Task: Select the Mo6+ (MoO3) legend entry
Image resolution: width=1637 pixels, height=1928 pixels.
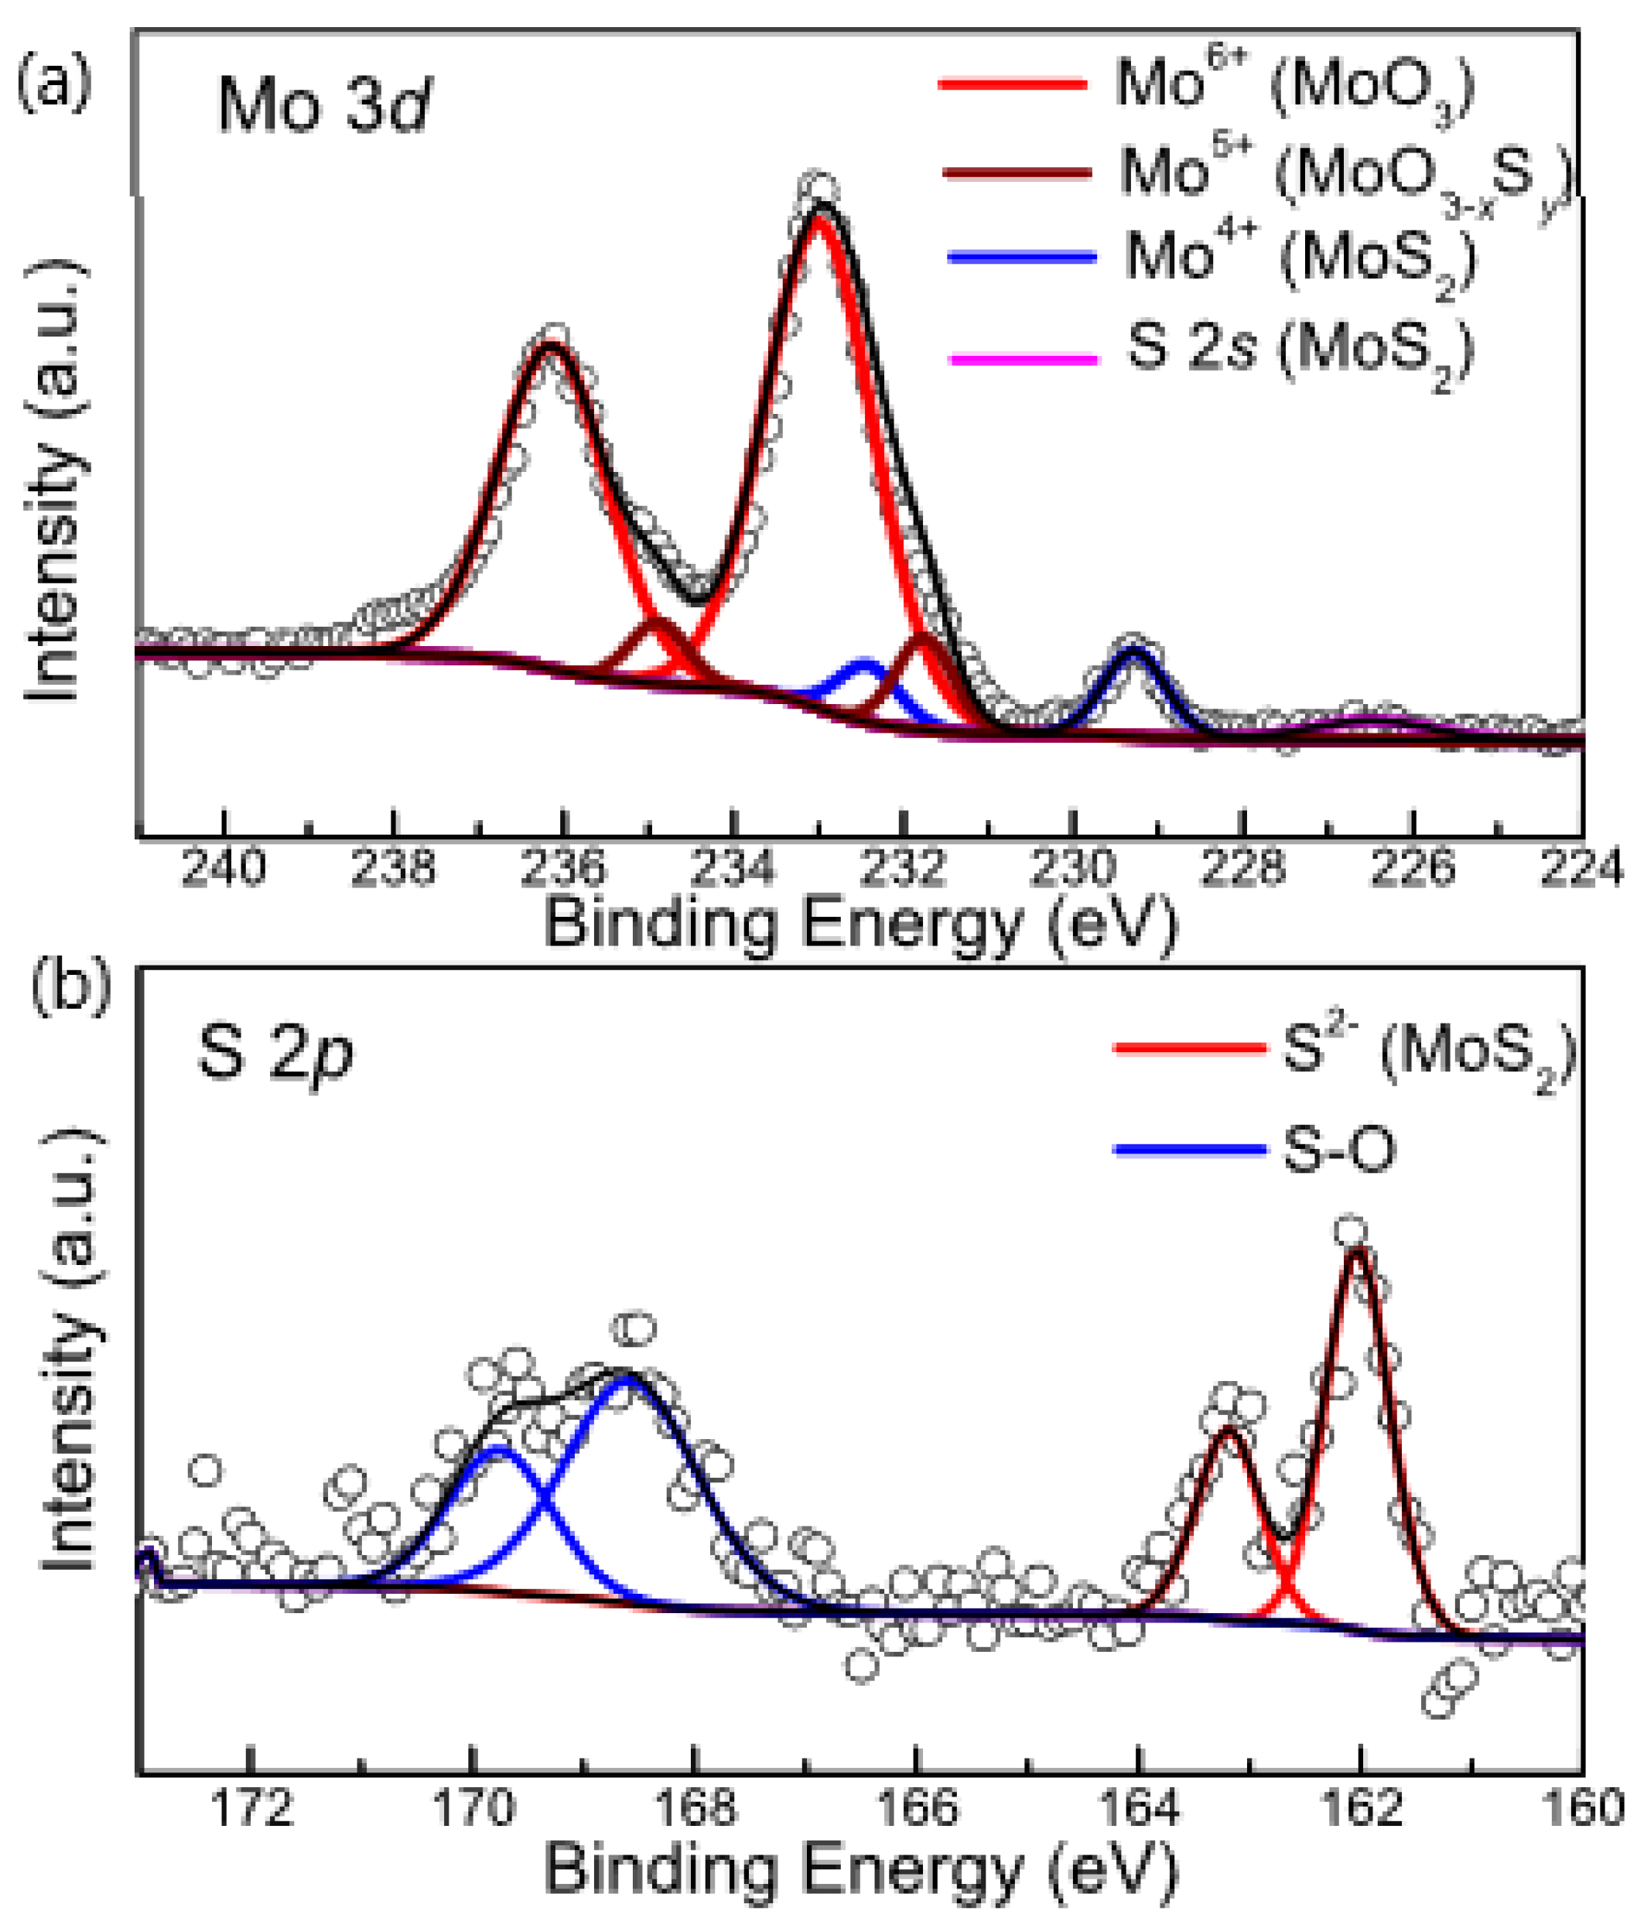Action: point(1206,85)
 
